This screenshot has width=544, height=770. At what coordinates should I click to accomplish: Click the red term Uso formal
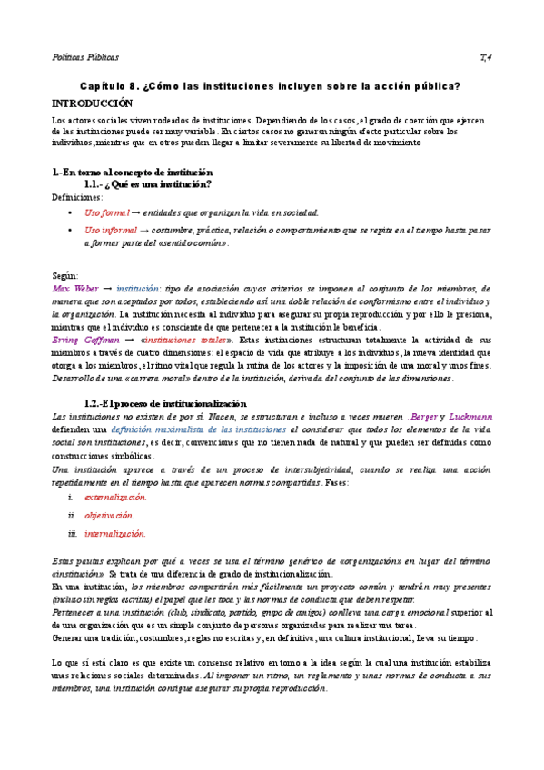point(107,212)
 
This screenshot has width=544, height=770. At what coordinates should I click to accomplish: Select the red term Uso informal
point(111,231)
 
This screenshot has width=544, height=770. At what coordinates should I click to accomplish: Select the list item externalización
point(115,498)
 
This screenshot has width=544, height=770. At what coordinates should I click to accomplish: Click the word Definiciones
point(78,196)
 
